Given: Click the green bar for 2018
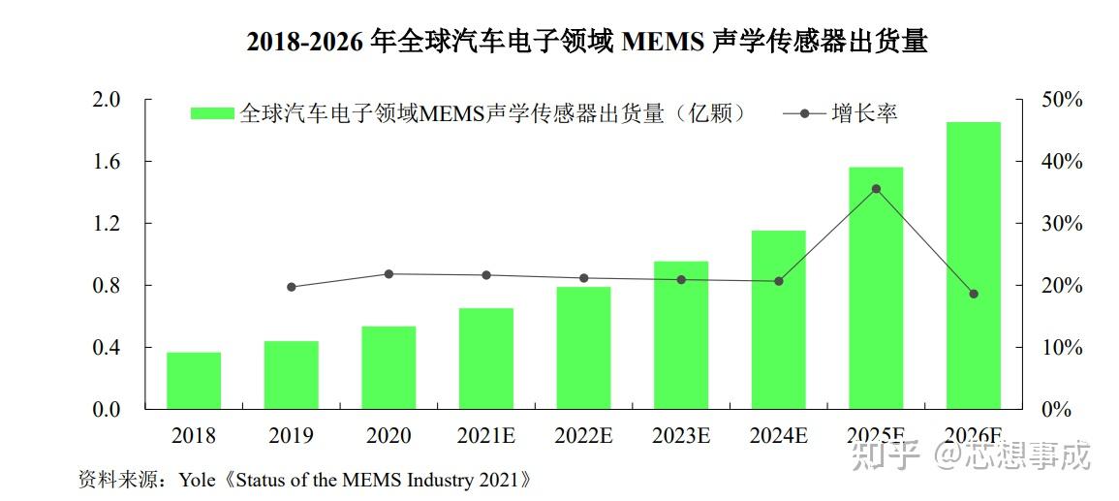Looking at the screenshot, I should [194, 380].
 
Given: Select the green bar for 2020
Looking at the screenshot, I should [389, 367].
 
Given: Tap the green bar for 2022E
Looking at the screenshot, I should [583, 347].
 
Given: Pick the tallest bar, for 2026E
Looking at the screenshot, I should [973, 265].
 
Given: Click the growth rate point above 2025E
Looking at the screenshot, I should [876, 189].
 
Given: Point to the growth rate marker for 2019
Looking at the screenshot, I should [292, 287].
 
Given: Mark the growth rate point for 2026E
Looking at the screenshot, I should [973, 294].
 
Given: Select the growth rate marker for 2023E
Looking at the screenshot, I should [681, 280].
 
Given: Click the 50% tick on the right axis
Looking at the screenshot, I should [1062, 100].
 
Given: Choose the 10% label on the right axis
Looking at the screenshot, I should [1062, 348].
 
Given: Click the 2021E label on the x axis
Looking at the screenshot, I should [485, 436].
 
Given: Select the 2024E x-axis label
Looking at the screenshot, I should [778, 436].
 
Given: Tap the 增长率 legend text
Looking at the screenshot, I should [864, 113].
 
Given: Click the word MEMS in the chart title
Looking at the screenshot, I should [662, 43].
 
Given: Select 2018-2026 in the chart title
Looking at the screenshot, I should [305, 43].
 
